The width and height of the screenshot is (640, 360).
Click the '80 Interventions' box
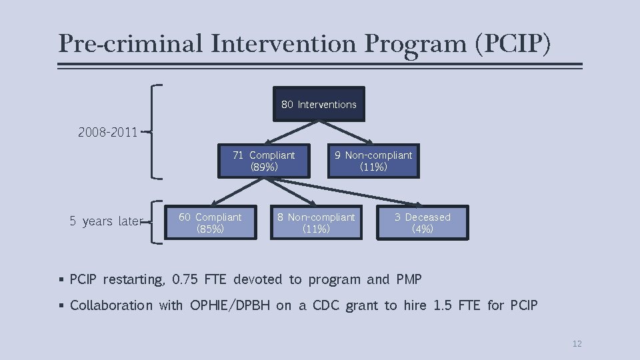click(x=319, y=104)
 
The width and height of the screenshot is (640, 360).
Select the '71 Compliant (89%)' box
click(x=264, y=161)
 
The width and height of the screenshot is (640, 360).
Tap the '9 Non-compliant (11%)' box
click(x=373, y=161)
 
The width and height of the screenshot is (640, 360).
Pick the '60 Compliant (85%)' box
click(x=210, y=223)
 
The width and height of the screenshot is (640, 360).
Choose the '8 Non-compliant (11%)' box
click(x=316, y=223)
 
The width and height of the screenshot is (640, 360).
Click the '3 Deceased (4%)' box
click(x=423, y=223)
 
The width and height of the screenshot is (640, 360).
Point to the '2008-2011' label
click(x=107, y=132)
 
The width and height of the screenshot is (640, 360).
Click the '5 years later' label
click(x=106, y=221)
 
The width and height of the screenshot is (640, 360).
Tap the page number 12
click(x=577, y=343)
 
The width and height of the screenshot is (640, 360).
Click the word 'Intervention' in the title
click(x=286, y=44)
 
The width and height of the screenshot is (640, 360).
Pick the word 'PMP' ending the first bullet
click(x=409, y=279)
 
